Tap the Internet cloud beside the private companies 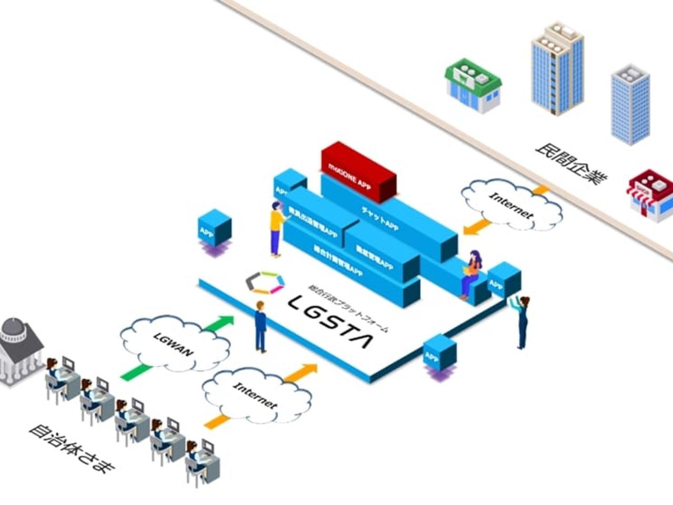click(512, 205)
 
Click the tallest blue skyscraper click(557, 68)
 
